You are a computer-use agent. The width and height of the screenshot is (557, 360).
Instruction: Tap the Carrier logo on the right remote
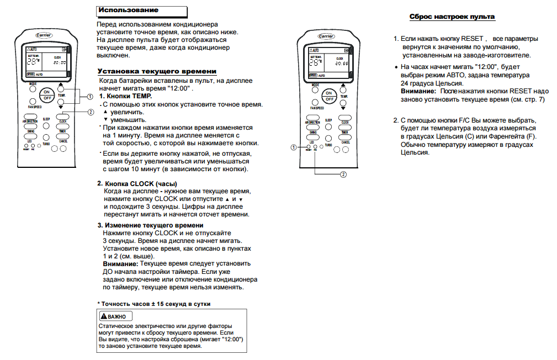(326, 36)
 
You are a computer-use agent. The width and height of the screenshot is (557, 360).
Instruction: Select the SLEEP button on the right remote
(328, 125)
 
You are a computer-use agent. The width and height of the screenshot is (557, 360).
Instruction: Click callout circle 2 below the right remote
(343, 174)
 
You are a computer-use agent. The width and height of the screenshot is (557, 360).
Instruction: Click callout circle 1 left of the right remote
(293, 147)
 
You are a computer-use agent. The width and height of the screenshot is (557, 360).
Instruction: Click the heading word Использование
(128, 10)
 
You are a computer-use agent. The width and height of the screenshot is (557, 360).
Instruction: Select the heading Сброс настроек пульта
(452, 17)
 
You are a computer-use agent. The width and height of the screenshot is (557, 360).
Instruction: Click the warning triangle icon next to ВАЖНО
(103, 316)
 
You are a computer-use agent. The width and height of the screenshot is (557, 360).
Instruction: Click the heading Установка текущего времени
(157, 71)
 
